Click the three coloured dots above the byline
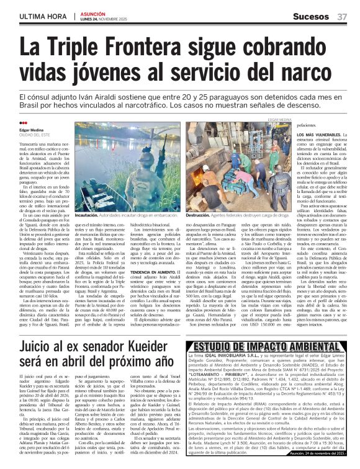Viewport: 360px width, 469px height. pos(25,123)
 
